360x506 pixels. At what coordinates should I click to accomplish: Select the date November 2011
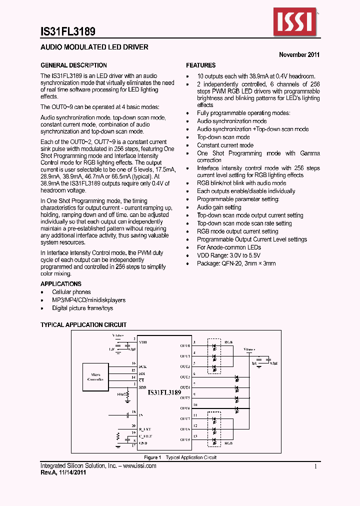(x=299, y=55)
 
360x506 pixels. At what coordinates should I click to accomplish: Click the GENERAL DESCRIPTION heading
(x=73, y=65)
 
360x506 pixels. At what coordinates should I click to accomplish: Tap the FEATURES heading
(x=201, y=65)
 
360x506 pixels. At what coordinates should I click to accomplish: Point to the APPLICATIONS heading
(x=61, y=284)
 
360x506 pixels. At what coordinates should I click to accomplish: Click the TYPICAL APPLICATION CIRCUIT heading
(x=83, y=325)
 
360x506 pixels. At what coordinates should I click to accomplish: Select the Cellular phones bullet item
(x=71, y=292)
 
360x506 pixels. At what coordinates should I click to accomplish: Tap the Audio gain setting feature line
(x=219, y=207)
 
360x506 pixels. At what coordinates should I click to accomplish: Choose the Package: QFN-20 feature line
(x=236, y=263)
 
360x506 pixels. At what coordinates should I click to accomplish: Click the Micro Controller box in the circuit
(x=95, y=376)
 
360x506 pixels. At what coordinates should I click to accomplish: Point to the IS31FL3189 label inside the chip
(x=164, y=393)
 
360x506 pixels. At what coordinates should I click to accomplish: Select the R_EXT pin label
(x=144, y=429)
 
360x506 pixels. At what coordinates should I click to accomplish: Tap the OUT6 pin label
(x=184, y=408)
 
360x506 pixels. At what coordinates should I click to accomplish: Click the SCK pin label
(x=142, y=366)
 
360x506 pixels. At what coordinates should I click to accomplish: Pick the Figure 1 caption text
(x=180, y=457)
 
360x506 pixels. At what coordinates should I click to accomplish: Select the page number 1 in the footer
(x=316, y=466)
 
